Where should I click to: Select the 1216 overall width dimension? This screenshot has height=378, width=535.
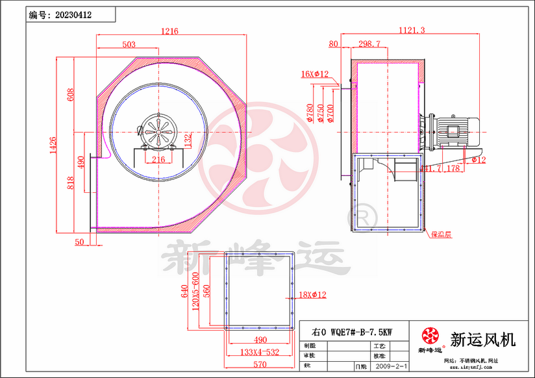point(170,31)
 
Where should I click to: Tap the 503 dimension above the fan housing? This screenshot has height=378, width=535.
point(129,44)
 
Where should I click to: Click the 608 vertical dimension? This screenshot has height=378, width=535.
point(71,95)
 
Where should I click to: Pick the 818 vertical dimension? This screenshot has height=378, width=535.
point(71,183)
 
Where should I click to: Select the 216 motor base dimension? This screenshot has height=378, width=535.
point(158,158)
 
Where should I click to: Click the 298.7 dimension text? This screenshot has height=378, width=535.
point(369,44)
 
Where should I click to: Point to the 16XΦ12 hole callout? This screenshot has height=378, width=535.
point(315,73)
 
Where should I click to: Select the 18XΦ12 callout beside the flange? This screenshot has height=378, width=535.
point(312,295)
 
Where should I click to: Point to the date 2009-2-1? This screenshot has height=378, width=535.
point(392,366)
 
